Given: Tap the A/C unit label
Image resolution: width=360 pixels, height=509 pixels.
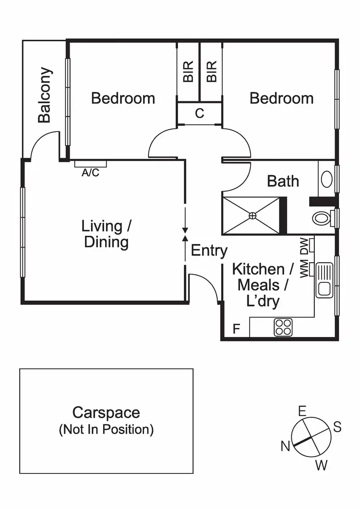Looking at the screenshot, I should (90, 173).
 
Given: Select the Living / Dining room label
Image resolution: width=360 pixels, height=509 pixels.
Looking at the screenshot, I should (106, 234).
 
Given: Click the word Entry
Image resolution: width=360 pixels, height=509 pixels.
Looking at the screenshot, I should (209, 250).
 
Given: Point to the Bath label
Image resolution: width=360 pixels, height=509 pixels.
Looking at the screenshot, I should (283, 181).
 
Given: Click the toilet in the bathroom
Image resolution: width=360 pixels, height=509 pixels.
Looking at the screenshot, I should (322, 218).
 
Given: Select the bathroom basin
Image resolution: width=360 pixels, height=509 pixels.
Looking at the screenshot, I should (326, 179).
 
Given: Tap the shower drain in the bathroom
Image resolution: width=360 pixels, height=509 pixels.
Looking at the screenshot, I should (252, 216).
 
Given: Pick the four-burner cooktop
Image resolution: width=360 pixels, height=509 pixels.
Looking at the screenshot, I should (283, 327).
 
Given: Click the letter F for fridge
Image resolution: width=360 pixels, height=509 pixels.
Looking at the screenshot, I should (236, 329).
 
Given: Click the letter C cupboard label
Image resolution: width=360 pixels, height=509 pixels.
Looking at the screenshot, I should (200, 114).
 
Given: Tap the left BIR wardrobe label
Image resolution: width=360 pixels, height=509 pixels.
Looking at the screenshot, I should (188, 71).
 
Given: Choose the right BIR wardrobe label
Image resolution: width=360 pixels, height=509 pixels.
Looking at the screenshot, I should (211, 71).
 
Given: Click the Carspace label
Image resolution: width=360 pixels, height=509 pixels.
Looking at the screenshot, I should (106, 412).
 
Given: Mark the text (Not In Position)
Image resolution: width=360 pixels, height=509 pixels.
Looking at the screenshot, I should (106, 429).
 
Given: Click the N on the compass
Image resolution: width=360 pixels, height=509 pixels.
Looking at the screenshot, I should (285, 447).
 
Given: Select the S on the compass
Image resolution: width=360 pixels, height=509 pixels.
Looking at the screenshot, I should (337, 427).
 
